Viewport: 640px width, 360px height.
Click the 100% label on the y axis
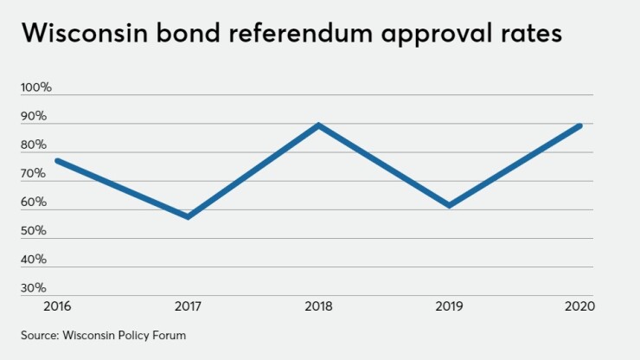point(37,87)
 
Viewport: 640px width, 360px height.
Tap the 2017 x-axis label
point(188,305)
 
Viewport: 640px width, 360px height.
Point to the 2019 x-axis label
point(449,305)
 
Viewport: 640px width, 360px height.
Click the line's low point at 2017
point(188,216)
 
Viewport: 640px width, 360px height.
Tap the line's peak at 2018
point(319,125)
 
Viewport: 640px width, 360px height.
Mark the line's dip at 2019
point(449,205)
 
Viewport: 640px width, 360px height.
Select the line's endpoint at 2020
point(579,125)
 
